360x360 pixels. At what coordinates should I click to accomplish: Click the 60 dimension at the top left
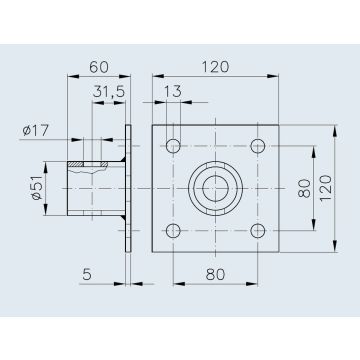point(99,67)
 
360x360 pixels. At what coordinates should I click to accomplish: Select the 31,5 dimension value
point(109,92)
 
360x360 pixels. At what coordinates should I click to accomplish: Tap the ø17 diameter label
point(36,130)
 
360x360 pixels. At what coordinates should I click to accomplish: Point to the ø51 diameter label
point(37,189)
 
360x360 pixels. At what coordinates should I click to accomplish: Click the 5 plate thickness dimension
point(87,275)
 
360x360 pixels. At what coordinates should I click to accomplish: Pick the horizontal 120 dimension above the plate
point(215,67)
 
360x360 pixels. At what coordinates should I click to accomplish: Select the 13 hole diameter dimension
point(173,92)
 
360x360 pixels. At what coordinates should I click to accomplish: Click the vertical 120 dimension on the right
point(326,188)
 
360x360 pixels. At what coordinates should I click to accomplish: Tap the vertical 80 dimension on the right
point(304,189)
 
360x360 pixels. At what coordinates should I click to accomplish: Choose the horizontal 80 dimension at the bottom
point(215,275)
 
